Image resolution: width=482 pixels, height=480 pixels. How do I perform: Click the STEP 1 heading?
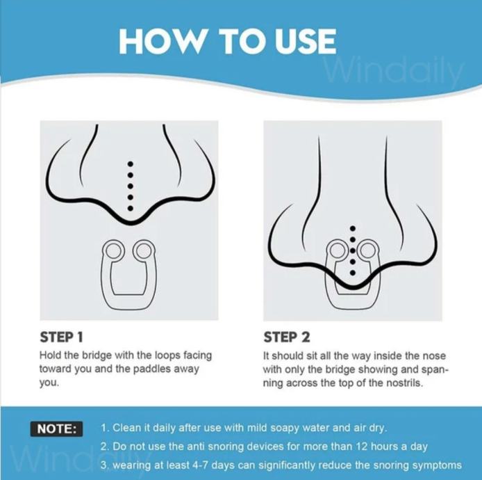(62, 337)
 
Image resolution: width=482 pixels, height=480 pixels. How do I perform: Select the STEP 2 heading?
(287, 337)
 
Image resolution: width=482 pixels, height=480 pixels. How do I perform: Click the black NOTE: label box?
(56, 429)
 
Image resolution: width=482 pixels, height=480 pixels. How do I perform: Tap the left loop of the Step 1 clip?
(113, 250)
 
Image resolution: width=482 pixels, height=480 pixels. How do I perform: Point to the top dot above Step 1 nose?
(131, 163)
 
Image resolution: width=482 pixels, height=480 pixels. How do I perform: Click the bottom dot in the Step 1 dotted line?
(131, 209)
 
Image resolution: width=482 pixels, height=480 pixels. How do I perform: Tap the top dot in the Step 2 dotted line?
(353, 228)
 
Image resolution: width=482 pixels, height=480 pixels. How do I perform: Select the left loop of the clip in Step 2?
(338, 250)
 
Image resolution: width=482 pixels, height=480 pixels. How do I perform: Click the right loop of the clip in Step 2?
(367, 250)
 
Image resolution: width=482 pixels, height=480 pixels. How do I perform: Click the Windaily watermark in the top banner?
(394, 73)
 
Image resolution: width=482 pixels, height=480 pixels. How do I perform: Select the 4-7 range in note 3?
(201, 465)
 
